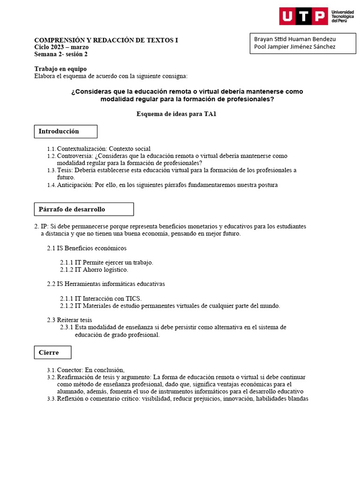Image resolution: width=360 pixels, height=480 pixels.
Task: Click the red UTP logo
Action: pos(303,16)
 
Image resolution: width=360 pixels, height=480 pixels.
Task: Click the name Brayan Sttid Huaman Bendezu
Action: pos(295,38)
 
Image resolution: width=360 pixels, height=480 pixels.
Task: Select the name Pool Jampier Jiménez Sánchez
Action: pos(294,46)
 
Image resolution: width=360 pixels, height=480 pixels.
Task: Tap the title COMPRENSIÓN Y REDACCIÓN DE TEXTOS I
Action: pos(106,40)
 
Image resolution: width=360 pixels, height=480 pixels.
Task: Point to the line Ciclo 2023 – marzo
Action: pos(61,47)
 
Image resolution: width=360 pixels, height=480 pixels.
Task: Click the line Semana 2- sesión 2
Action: pos(61,54)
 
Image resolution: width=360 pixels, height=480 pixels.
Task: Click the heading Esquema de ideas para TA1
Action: pos(176,114)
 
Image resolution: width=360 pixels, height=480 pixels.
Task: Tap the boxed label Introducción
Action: pos(66,131)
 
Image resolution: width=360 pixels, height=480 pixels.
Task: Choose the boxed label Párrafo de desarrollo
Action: pos(84,209)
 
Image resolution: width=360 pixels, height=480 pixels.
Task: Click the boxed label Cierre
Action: pos(52,352)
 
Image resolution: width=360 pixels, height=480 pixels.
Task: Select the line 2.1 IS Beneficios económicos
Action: pos(87,248)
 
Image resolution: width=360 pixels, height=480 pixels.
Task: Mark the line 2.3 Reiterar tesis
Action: pos(69,320)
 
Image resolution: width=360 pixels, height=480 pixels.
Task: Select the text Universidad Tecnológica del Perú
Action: pos(343,16)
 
